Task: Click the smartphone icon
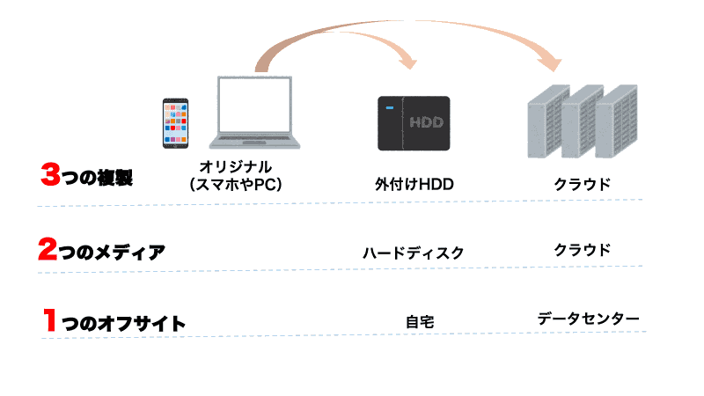(176, 122)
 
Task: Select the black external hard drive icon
(414, 122)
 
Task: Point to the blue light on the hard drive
(387, 109)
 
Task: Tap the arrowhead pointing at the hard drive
(406, 62)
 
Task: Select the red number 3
(50, 175)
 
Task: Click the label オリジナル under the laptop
(235, 166)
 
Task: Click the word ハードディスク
(413, 253)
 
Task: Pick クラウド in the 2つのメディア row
(582, 249)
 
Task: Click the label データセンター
(588, 318)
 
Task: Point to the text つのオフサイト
(124, 323)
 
